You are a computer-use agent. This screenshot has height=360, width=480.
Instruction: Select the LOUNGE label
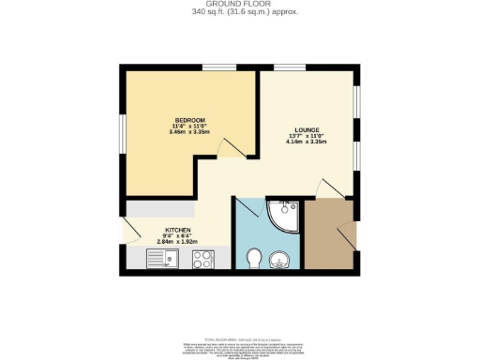[307, 130]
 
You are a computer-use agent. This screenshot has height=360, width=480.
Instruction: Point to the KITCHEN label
[178, 230]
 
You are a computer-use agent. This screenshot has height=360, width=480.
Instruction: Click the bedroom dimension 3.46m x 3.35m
[187, 132]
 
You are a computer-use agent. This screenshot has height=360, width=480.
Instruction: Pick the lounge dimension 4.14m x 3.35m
[307, 143]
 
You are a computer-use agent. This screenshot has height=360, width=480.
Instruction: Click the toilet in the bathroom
[252, 258]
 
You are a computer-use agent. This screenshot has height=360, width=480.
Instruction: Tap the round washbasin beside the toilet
[278, 259]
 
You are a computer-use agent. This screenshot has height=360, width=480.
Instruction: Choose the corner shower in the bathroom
[281, 216]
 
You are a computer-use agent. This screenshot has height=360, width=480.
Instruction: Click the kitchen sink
[161, 258]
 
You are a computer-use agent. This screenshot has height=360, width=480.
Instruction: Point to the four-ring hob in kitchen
[201, 258]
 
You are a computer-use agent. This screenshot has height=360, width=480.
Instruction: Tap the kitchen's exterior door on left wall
[127, 228]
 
